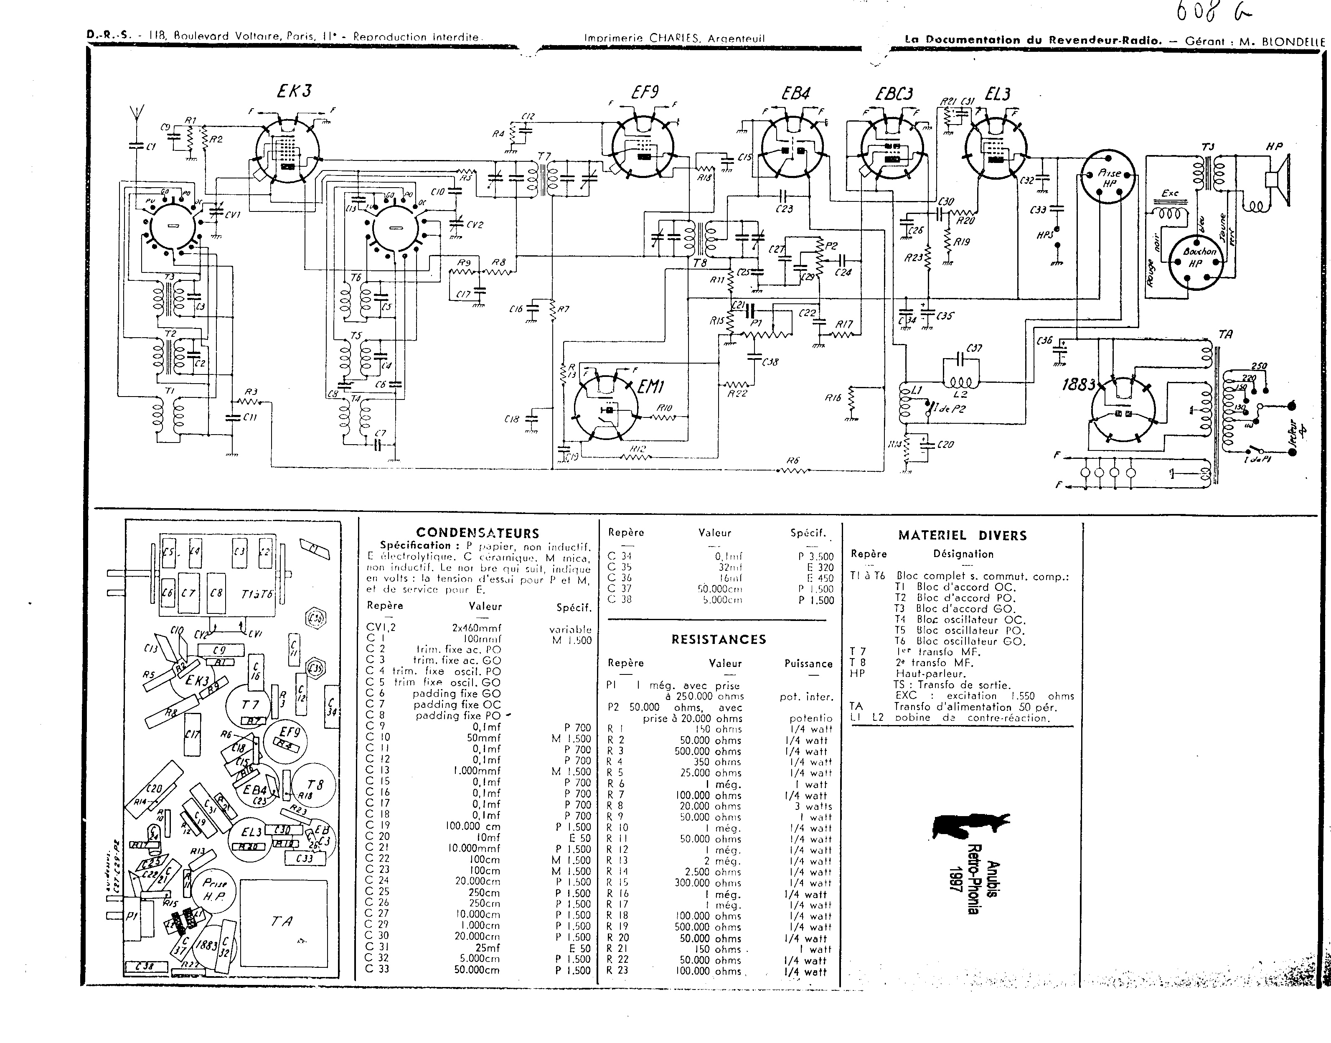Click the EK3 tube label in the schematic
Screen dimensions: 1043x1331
point(294,91)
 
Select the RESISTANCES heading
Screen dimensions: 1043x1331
point(718,639)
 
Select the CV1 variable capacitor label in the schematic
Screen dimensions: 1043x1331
point(233,214)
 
